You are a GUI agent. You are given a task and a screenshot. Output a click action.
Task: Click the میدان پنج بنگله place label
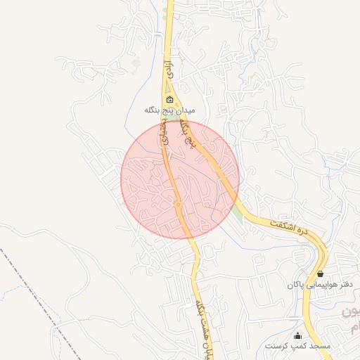tap(169, 110)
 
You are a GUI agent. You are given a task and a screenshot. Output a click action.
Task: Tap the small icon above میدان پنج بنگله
tap(169, 99)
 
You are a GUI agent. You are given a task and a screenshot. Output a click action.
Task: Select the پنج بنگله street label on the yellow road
tap(186, 134)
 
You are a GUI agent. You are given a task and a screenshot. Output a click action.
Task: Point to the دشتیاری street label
tap(166, 131)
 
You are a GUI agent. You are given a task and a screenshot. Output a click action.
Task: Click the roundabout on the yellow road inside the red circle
tap(179, 204)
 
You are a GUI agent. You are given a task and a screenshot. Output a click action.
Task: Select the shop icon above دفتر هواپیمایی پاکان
tap(321, 274)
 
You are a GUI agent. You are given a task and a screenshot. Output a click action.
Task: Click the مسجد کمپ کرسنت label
tap(298, 347)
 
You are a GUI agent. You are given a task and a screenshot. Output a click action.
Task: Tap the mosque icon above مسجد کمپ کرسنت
tap(298, 335)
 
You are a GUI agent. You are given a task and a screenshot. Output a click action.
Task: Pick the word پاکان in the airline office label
tap(295, 285)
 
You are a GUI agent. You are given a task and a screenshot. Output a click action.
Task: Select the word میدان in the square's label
tap(184, 110)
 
